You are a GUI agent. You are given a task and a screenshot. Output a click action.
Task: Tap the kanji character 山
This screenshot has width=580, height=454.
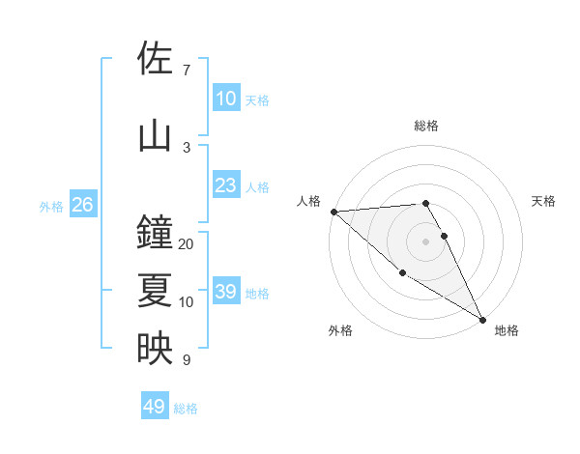pyautogui.click(x=155, y=136)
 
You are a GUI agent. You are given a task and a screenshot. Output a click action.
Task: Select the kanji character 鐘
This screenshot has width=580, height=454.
pyautogui.click(x=155, y=233)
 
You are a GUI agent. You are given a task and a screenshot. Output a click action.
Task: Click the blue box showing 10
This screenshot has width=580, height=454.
pyautogui.click(x=225, y=99)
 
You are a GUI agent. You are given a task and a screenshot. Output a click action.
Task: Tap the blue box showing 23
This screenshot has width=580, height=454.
pyautogui.click(x=225, y=185)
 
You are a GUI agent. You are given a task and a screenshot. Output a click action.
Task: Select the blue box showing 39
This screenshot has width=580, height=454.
pyautogui.click(x=225, y=292)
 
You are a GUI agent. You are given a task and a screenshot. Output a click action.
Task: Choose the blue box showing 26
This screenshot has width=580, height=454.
pyautogui.click(x=82, y=205)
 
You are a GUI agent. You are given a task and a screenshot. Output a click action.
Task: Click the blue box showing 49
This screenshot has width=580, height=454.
pyautogui.click(x=155, y=407)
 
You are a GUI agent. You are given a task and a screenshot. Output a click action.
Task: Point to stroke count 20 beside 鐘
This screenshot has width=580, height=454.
pyautogui.click(x=187, y=244)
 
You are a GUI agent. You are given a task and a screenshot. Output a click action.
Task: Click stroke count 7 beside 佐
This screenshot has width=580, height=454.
pyautogui.click(x=187, y=71)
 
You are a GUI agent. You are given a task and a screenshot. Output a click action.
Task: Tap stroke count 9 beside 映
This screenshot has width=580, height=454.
pyautogui.click(x=187, y=360)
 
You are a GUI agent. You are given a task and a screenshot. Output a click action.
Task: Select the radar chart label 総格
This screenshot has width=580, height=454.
pyautogui.click(x=426, y=126)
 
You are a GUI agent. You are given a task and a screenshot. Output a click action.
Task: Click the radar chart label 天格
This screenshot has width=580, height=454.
pyautogui.click(x=544, y=201)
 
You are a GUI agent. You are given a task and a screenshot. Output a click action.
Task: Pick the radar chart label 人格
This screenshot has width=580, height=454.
pyautogui.click(x=308, y=201)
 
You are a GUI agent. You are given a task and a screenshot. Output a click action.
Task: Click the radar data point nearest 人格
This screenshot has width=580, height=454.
pyautogui.click(x=333, y=211)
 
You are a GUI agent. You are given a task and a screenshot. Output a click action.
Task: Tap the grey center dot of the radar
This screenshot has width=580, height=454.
pyautogui.click(x=426, y=241)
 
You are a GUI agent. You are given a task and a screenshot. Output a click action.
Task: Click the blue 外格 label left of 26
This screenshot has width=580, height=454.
pyautogui.click(x=50, y=206)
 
